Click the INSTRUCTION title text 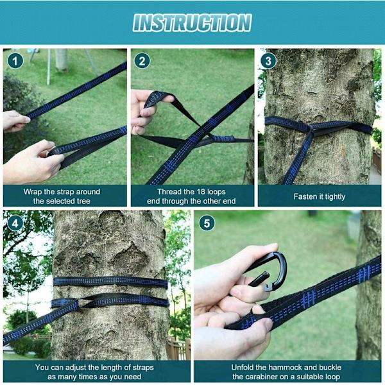pyautogui.click(x=193, y=22)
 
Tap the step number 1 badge pyautogui.click(x=15, y=61)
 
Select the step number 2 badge pyautogui.click(x=142, y=61)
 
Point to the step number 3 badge pyautogui.click(x=268, y=61)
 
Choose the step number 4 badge pyautogui.click(x=15, y=223)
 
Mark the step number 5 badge pyautogui.click(x=207, y=223)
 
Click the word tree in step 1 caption pyautogui.click(x=83, y=201)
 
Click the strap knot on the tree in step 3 pyautogui.click(x=311, y=128)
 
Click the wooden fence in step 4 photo pyautogui.click(x=178, y=348)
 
